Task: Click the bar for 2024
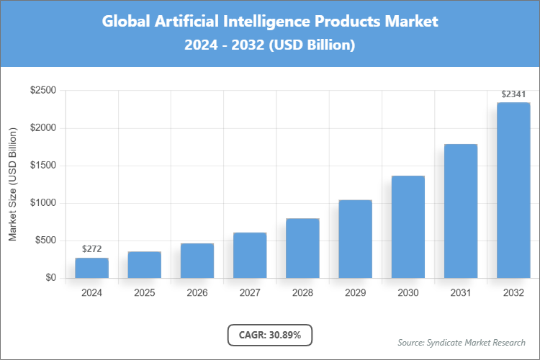coord(91,268)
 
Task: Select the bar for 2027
coord(250,256)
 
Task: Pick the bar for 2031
coord(461,211)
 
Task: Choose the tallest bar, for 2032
coord(513,190)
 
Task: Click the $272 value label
coord(91,249)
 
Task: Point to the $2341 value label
coord(513,94)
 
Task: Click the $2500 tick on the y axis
coord(42,91)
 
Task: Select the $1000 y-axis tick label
coord(42,203)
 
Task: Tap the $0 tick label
coord(50,278)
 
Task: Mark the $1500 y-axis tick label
coord(42,166)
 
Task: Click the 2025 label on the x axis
coord(144,293)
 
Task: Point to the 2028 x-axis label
coord(302,293)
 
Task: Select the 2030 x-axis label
coord(408,293)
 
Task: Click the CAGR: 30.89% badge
coord(269,335)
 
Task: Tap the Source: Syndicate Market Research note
coord(462,342)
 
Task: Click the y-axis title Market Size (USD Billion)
coord(12,184)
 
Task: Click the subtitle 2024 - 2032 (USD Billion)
coord(269,45)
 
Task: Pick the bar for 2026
coord(197,261)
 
